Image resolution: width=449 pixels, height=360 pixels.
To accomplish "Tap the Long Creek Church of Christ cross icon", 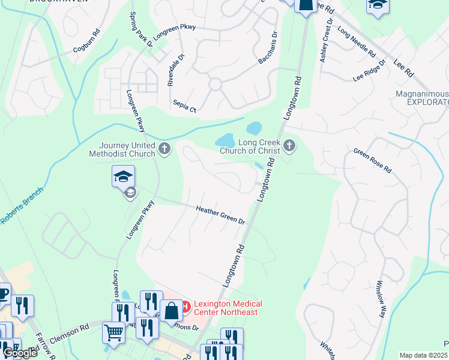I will click(289, 145).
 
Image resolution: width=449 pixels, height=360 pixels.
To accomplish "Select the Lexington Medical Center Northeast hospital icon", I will click(185, 307).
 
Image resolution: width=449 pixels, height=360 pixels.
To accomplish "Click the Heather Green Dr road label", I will click(221, 215).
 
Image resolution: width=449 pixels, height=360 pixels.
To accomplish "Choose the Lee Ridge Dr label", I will click(369, 70).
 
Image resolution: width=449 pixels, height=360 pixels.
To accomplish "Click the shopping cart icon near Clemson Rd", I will click(113, 332).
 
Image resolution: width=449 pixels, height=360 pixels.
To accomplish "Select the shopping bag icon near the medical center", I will click(172, 311).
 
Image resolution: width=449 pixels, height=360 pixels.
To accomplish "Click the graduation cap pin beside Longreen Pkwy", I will click(123, 177).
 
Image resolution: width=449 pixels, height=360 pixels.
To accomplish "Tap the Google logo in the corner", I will click(19, 353).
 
